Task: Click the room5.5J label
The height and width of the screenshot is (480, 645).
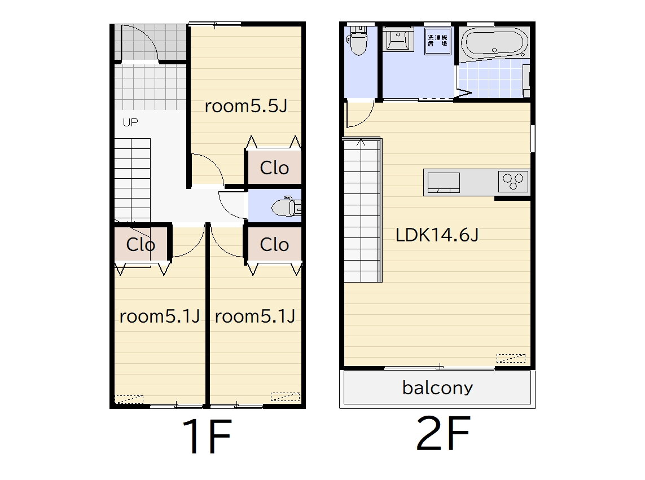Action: pyautogui.click(x=245, y=106)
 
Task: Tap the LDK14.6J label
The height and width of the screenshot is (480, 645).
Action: pyautogui.click(x=437, y=235)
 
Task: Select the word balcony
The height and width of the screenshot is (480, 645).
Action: pyautogui.click(x=437, y=388)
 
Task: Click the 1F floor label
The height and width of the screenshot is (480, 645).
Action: pyautogui.click(x=208, y=435)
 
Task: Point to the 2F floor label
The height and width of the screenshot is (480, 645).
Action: pyautogui.click(x=443, y=433)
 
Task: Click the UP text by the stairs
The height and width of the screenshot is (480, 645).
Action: pyautogui.click(x=130, y=122)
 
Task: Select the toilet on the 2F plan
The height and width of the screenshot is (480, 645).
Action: pyautogui.click(x=358, y=40)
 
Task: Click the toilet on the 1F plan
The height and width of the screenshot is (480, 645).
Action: pyautogui.click(x=286, y=208)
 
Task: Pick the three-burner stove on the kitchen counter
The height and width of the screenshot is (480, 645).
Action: pyautogui.click(x=513, y=182)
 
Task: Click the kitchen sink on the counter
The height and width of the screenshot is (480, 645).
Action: pyautogui.click(x=444, y=183)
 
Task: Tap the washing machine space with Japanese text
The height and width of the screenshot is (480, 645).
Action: pyautogui.click(x=438, y=41)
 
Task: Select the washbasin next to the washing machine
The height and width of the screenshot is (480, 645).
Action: pyautogui.click(x=398, y=39)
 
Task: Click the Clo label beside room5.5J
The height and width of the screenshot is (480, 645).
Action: pyautogui.click(x=274, y=168)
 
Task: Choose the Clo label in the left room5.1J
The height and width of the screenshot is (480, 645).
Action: pyautogui.click(x=141, y=245)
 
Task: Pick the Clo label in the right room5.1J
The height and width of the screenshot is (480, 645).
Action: pyautogui.click(x=274, y=245)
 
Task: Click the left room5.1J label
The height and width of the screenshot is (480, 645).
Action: pyautogui.click(x=160, y=316)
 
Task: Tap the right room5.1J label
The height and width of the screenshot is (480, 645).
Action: pyautogui.click(x=255, y=316)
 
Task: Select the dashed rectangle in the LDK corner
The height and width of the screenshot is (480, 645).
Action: pyautogui.click(x=511, y=358)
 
